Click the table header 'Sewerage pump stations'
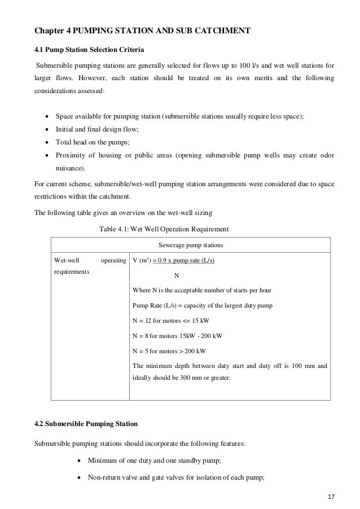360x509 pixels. [x=191, y=245]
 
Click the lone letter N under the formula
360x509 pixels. [x=177, y=275]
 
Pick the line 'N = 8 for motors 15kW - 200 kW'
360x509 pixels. [x=177, y=335]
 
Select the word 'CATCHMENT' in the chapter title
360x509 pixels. [x=217, y=30]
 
